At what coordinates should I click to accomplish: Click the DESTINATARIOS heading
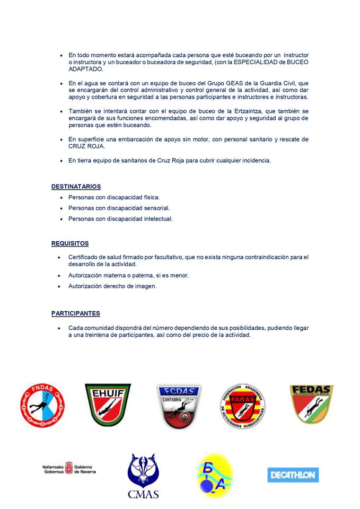click(x=76, y=187)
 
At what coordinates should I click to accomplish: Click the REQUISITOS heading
click(x=70, y=244)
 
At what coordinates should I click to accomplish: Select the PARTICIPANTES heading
click(x=75, y=313)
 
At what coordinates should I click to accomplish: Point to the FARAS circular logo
click(x=243, y=407)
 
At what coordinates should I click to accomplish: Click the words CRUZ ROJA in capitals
click(x=86, y=146)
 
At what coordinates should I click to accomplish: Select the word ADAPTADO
click(x=86, y=69)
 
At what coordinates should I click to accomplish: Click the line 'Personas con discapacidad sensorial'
click(x=119, y=208)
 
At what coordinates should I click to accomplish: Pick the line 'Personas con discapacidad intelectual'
click(x=120, y=218)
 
